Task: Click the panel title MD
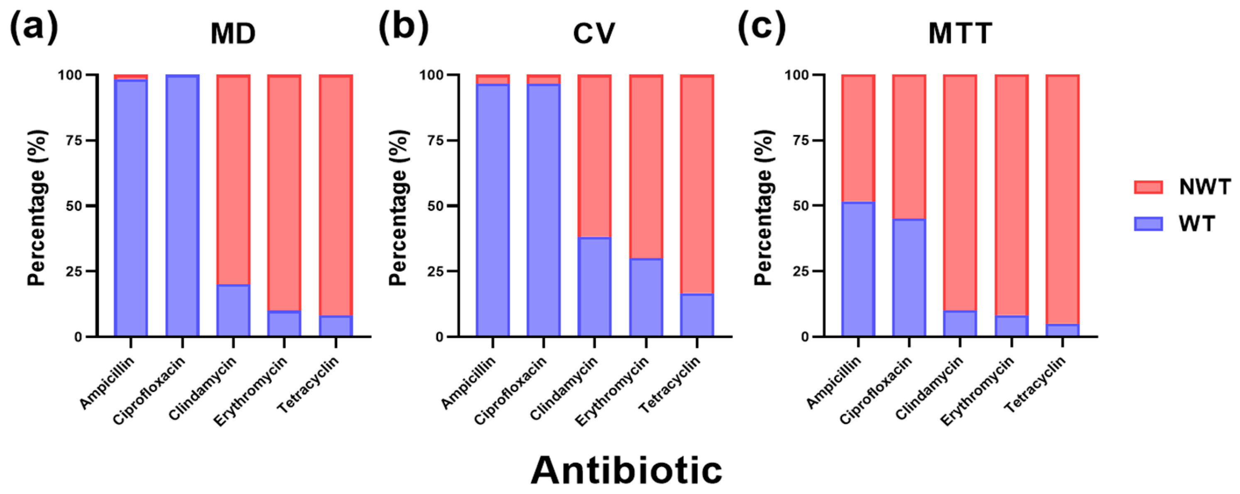pos(233,34)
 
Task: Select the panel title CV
pos(594,34)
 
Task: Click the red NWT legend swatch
pos(1148,187)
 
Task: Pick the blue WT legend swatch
pos(1148,224)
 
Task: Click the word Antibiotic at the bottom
pos(626,470)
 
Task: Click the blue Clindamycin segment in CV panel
pos(595,287)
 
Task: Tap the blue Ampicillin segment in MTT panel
pos(858,269)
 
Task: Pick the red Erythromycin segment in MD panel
pos(284,192)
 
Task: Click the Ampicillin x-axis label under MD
pos(107,383)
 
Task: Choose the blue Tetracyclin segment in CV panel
pos(696,315)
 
